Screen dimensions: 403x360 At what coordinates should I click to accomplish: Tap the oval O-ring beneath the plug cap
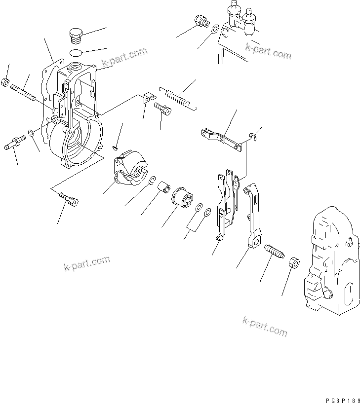click(76, 52)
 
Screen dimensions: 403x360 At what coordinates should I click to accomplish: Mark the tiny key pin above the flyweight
click(115, 146)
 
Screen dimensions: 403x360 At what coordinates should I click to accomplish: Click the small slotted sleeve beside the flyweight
click(163, 187)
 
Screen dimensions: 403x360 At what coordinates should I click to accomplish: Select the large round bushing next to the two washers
click(182, 197)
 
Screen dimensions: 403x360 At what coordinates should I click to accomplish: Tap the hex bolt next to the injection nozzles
click(201, 21)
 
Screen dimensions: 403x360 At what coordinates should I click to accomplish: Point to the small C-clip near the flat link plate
click(252, 138)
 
